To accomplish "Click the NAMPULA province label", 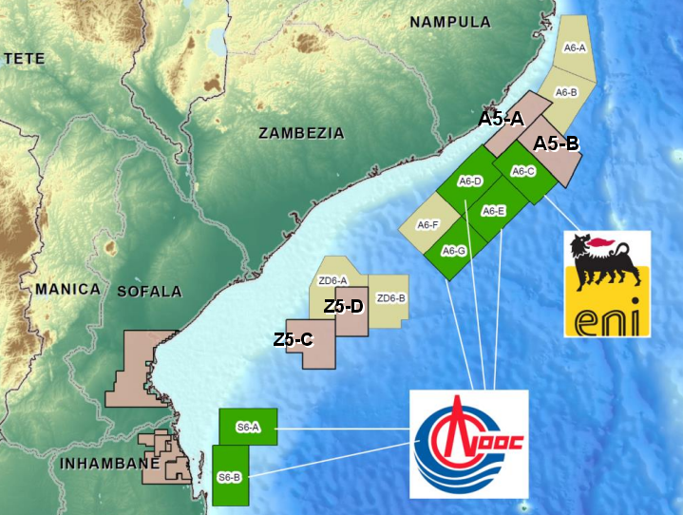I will pyautogui.click(x=450, y=22).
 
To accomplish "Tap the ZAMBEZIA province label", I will pyautogui.click(x=301, y=134).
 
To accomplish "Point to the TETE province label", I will pyautogui.click(x=25, y=59).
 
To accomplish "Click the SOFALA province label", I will pyautogui.click(x=148, y=291).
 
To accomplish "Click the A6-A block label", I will pyautogui.click(x=575, y=47).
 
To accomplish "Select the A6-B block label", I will pyautogui.click(x=566, y=92).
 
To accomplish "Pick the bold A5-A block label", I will pyautogui.click(x=501, y=119).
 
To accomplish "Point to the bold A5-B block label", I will pyautogui.click(x=557, y=144).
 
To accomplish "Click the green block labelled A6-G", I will pyautogui.click(x=455, y=251).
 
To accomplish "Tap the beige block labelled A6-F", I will pyautogui.click(x=428, y=225).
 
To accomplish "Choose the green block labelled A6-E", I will pyautogui.click(x=494, y=211).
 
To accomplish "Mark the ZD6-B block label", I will pyautogui.click(x=391, y=298).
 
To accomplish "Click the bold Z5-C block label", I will pyautogui.click(x=294, y=339).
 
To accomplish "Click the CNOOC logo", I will pyautogui.click(x=468, y=444).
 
